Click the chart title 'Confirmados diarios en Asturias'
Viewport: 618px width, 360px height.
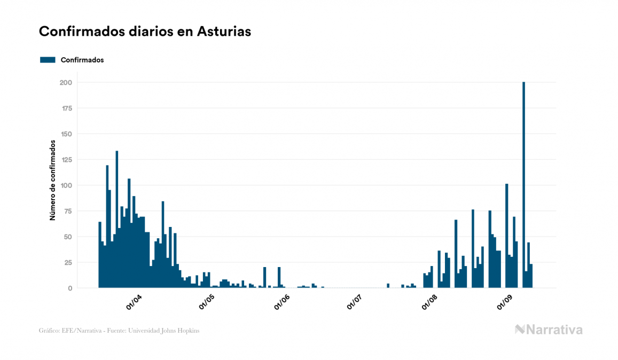[x=145, y=32]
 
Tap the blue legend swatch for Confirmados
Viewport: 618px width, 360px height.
[x=48, y=60]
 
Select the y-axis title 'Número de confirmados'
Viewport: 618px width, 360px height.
[x=53, y=180]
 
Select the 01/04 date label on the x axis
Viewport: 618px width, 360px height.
[x=134, y=302]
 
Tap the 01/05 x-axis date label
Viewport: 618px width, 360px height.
[x=207, y=302]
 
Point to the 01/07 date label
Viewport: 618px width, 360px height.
[x=355, y=302]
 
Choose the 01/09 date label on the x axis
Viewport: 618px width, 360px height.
[x=504, y=302]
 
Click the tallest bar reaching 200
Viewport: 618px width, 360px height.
[x=523, y=187]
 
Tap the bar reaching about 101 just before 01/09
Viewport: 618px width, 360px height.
[x=506, y=235]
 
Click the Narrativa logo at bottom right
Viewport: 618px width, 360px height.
[x=549, y=330]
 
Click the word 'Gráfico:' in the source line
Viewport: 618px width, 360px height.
[x=49, y=331]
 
